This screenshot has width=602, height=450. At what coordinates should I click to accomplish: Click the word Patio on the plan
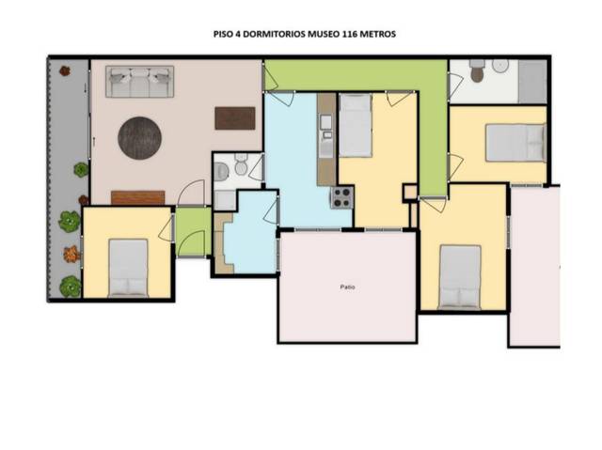[347, 287]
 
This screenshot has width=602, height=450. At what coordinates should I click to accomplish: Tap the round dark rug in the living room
[139, 137]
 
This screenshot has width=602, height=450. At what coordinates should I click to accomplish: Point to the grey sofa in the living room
[140, 82]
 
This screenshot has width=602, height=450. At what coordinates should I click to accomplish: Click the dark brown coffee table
[234, 117]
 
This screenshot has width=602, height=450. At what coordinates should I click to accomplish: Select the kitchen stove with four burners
[341, 197]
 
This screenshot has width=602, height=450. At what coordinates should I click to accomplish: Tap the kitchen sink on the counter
[325, 123]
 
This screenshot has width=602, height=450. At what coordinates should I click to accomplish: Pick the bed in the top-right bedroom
[515, 143]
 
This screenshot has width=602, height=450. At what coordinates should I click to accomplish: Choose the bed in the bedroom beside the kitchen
[356, 125]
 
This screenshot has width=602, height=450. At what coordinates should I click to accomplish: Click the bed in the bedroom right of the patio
[460, 276]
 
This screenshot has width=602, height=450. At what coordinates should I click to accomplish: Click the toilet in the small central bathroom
[240, 167]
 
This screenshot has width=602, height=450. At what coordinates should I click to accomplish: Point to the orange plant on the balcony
[71, 253]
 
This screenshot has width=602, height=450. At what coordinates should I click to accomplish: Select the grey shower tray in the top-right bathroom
[531, 81]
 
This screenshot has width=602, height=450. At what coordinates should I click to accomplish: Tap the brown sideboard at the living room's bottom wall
[137, 197]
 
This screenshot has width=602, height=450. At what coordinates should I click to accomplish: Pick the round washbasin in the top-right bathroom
[499, 65]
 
